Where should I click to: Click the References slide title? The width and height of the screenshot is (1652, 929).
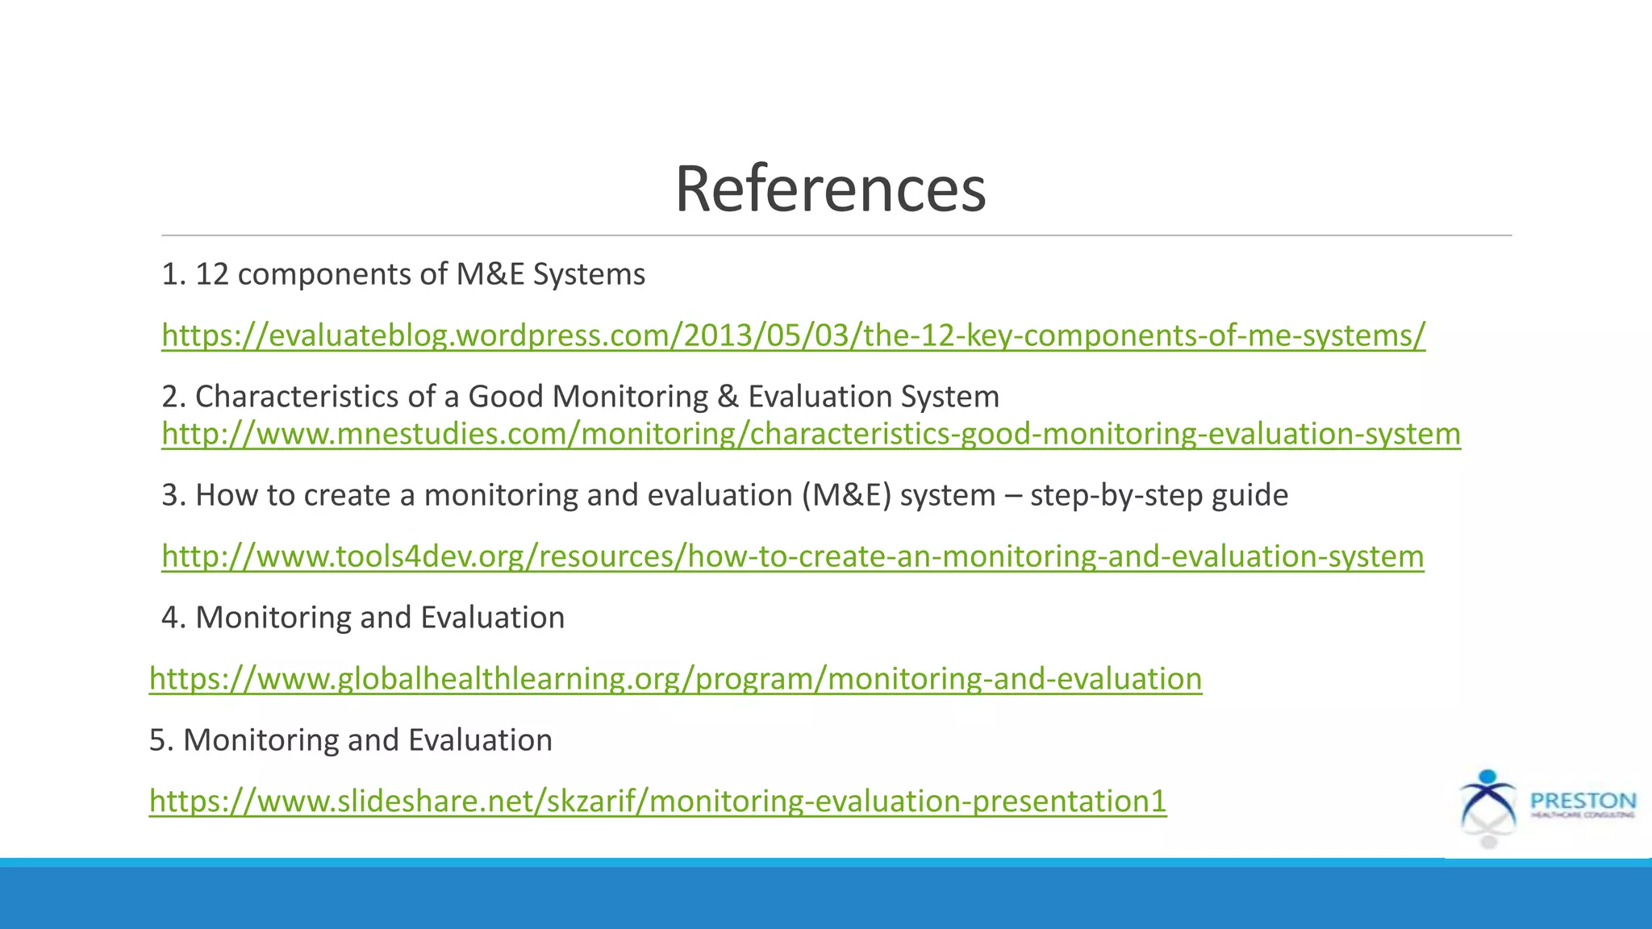click(x=830, y=190)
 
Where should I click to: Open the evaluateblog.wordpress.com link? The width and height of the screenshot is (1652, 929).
click(x=793, y=335)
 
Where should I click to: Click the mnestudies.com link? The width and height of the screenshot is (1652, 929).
click(x=811, y=434)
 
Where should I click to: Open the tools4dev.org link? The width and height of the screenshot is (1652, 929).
click(x=792, y=556)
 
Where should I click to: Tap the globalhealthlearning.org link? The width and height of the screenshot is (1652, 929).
click(x=675, y=679)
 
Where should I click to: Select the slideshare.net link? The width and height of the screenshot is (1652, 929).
click(x=657, y=802)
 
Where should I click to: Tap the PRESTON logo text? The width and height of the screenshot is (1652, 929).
click(x=1583, y=802)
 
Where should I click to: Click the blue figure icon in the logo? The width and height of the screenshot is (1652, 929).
click(x=1488, y=798)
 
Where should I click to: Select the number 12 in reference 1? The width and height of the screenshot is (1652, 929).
click(x=212, y=275)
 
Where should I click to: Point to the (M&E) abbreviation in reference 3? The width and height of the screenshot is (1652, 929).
click(x=846, y=495)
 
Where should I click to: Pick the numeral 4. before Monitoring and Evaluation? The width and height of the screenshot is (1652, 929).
click(x=173, y=618)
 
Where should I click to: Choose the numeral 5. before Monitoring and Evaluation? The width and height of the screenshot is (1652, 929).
click(x=161, y=740)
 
